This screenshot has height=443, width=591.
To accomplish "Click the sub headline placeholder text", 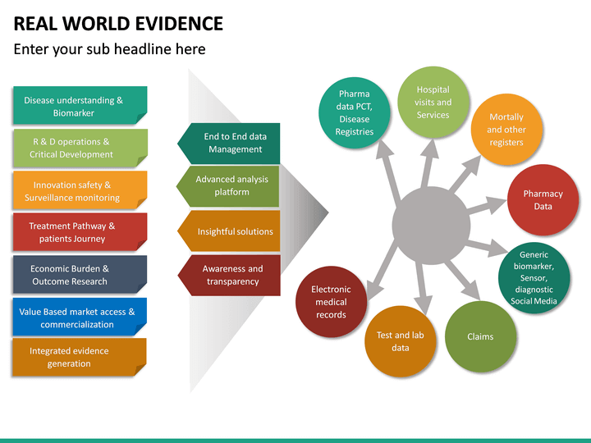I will click(109, 49).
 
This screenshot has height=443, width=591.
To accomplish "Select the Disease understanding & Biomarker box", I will click(80, 106).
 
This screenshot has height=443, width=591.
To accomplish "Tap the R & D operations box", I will click(80, 148).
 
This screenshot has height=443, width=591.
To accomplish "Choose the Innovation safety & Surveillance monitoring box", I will click(80, 191).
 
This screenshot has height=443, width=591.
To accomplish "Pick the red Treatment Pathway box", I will click(80, 232).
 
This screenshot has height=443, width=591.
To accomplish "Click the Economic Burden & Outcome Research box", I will click(80, 275).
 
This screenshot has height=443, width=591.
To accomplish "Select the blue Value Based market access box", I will click(80, 317).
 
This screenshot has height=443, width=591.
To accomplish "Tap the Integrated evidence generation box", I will click(80, 357).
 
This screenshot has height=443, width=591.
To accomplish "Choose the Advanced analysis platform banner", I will click(231, 185).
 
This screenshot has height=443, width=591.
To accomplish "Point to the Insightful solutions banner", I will click(231, 231).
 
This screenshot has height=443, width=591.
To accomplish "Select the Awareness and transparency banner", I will click(231, 275).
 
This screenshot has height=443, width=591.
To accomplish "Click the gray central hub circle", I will click(432, 226).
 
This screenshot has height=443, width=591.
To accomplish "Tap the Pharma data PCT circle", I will click(354, 112).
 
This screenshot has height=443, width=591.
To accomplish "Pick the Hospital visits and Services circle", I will click(433, 103).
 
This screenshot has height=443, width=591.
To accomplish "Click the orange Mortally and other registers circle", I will click(506, 130).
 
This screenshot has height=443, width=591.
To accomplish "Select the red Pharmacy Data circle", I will click(543, 200).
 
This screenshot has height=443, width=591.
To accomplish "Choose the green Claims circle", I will click(479, 336).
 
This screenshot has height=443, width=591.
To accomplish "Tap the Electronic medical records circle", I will click(331, 302).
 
